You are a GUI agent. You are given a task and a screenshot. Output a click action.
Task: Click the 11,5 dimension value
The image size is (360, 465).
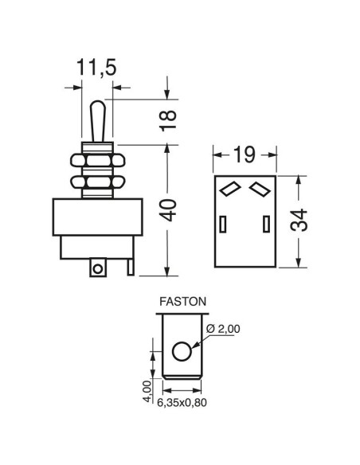[x=96, y=68]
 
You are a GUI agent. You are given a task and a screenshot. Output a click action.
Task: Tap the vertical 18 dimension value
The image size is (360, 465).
[x=168, y=121]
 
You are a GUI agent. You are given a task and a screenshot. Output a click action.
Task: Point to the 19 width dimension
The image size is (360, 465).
[x=245, y=154]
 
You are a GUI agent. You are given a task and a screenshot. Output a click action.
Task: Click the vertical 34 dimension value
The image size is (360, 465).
[x=299, y=220]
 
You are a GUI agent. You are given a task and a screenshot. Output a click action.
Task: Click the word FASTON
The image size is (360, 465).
[x=182, y=302]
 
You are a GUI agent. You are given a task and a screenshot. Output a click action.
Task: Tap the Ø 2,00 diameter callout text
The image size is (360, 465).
[x=223, y=329]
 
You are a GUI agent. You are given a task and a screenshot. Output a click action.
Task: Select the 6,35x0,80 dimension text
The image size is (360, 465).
[x=182, y=403]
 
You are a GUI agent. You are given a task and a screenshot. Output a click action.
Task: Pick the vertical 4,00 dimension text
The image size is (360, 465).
[x=147, y=392]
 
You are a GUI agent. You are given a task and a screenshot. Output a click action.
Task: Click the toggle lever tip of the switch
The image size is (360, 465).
[x=98, y=105]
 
